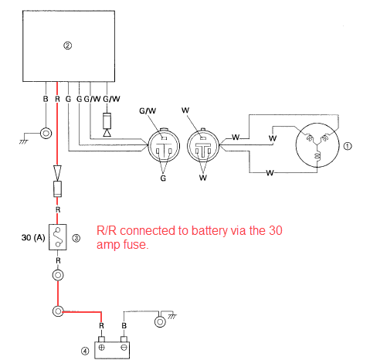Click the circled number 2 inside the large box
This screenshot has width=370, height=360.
[67, 46]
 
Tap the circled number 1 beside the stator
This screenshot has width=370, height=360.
[348, 146]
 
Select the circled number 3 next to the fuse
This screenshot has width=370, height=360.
[76, 238]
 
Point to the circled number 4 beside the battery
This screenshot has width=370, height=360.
[85, 351]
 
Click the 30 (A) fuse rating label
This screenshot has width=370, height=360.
[33, 237]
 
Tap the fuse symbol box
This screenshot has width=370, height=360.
[58, 237]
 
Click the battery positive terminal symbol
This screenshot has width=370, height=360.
[102, 348]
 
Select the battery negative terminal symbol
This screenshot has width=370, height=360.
[124, 348]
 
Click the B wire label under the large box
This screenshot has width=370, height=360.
[46, 99]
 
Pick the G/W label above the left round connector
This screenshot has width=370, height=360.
[148, 110]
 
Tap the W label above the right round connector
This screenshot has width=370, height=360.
[185, 110]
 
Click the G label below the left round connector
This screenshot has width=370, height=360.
[163, 178]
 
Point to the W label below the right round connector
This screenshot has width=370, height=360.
[203, 178]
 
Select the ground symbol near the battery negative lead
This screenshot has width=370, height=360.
[172, 317]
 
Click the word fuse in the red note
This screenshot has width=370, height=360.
[136, 244]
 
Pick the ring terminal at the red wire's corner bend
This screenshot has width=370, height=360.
[58, 311]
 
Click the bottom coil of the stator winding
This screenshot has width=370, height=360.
[317, 156]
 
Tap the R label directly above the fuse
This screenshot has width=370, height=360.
[58, 210]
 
